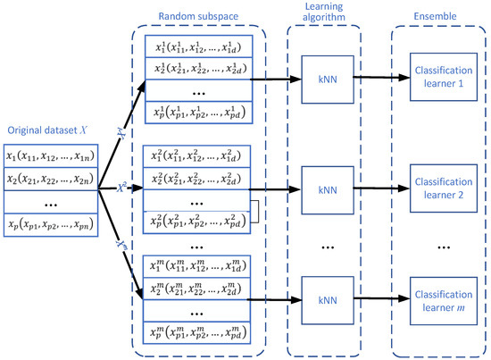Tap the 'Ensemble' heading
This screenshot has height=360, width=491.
pyautogui.click(x=437, y=17)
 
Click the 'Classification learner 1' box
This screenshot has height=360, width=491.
pyautogui.click(x=440, y=78)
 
